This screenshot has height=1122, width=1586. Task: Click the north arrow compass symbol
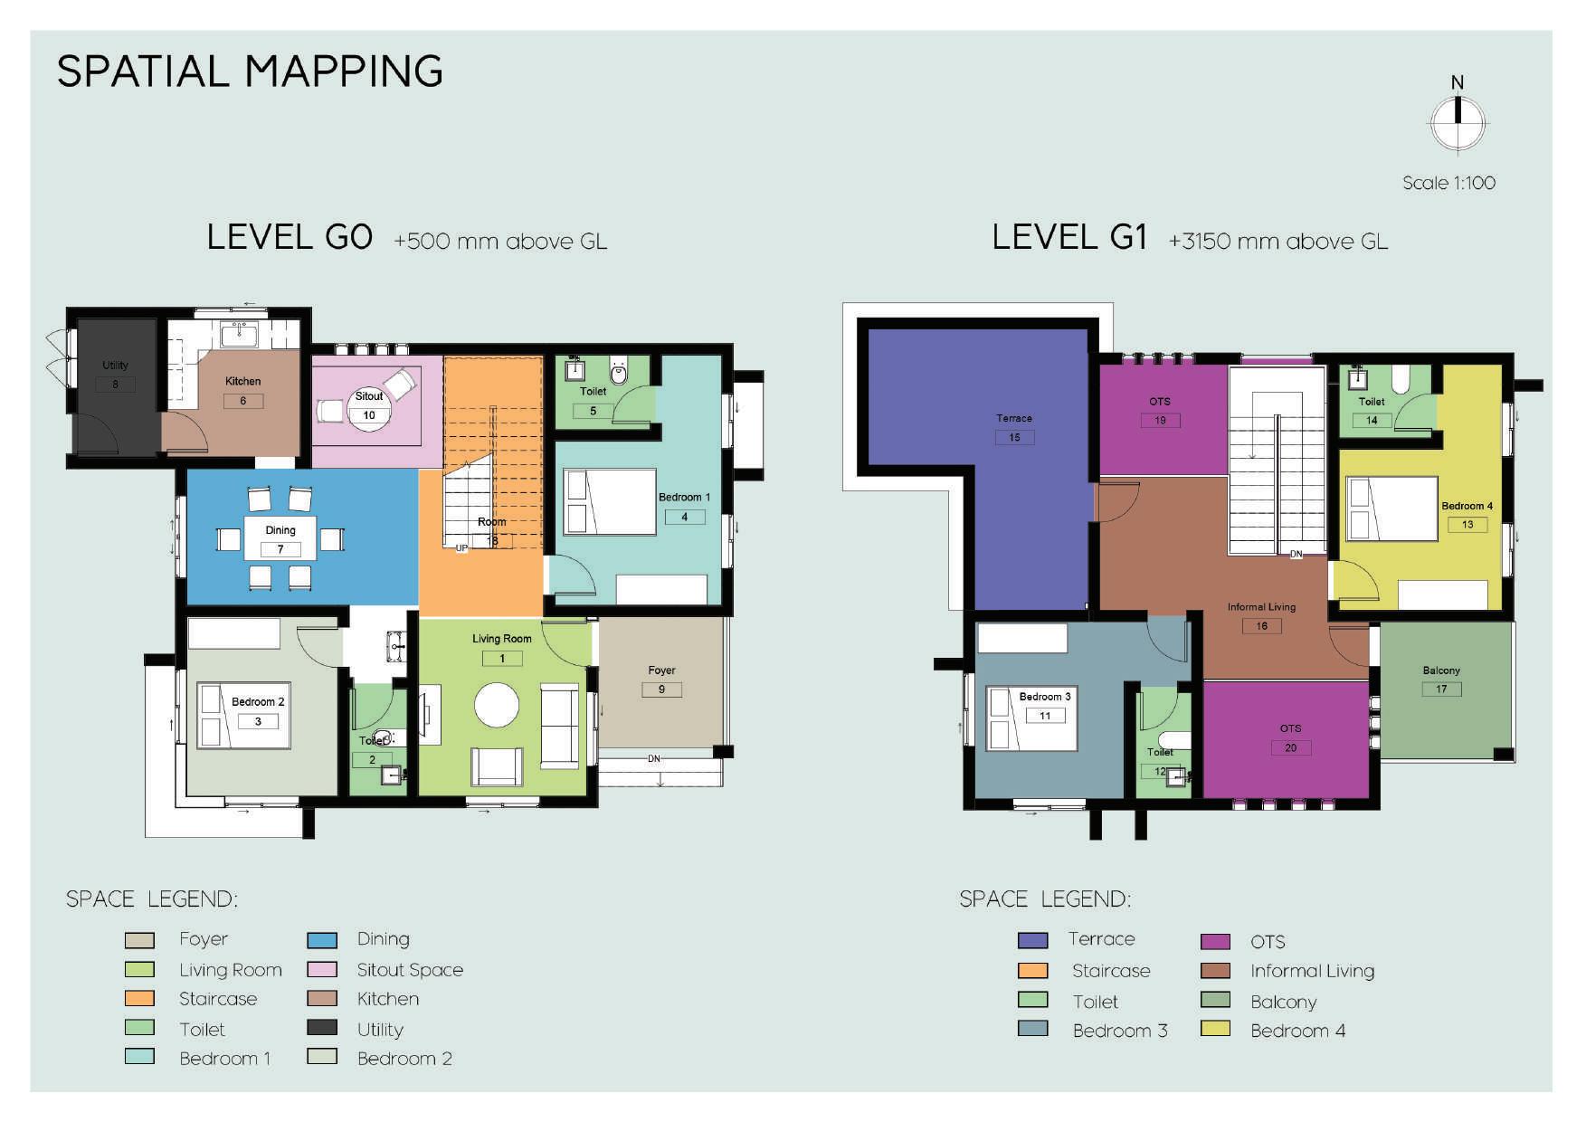pyautogui.click(x=1457, y=123)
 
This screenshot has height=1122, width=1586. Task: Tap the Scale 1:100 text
pyautogui.click(x=1448, y=183)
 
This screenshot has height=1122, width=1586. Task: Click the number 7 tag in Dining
pyautogui.click(x=280, y=549)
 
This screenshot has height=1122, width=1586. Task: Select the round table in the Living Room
pyautogui.click(x=497, y=706)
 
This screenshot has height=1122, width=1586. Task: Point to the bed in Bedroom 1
pyautogui.click(x=610, y=501)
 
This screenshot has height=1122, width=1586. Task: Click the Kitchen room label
pyautogui.click(x=242, y=381)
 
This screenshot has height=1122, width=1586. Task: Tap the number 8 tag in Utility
pyautogui.click(x=115, y=384)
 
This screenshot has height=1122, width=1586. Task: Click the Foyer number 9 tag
pyautogui.click(x=661, y=689)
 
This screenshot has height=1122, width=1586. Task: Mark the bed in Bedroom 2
pyautogui.click(x=244, y=716)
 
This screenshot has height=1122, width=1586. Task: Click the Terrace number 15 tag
pyautogui.click(x=1014, y=437)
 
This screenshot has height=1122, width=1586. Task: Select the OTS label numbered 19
pyautogui.click(x=1160, y=401)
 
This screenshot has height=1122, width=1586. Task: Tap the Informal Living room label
pyautogui.click(x=1261, y=607)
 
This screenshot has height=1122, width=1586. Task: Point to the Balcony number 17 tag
pyautogui.click(x=1441, y=689)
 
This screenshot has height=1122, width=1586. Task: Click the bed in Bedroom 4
pyautogui.click(x=1392, y=509)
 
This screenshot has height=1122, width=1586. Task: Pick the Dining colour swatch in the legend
pyautogui.click(x=322, y=940)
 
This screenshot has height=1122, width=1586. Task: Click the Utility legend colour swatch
pyautogui.click(x=322, y=1028)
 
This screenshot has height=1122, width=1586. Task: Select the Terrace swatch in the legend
pyautogui.click(x=1032, y=940)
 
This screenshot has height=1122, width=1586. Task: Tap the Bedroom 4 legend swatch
pyautogui.click(x=1215, y=1029)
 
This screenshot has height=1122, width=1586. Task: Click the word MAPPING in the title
pyautogui.click(x=344, y=71)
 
